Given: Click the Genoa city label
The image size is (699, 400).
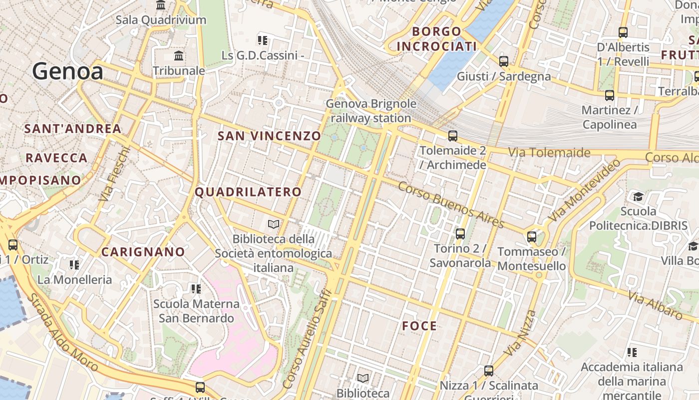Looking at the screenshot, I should (68, 71).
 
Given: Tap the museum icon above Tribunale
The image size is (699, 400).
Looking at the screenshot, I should (179, 55).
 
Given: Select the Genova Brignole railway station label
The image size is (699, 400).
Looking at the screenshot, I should (370, 111).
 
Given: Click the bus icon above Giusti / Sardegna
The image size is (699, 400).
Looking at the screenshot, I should (504, 61).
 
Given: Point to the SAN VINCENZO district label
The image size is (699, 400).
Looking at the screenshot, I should (269, 135).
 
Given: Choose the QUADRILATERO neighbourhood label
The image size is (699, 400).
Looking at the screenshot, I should (248, 192).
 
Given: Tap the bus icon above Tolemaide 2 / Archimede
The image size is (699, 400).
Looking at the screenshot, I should (453, 135).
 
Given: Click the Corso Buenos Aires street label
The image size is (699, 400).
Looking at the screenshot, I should (451, 204).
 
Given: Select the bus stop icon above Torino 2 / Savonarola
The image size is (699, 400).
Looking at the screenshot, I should (460, 233).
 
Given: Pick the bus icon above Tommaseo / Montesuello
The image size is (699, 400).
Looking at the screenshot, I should (532, 236).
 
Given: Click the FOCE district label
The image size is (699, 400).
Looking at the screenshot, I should (419, 326).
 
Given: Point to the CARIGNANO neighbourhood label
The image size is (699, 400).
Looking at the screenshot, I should (143, 251).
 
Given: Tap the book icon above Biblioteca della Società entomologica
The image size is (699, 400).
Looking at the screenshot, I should (273, 224).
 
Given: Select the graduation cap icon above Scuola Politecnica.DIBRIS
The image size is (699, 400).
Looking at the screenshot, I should (638, 196).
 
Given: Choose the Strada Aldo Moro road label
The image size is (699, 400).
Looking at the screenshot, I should (62, 332).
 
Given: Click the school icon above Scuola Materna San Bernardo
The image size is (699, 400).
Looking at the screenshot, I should (196, 288).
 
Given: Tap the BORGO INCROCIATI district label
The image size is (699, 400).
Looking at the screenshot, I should (436, 39).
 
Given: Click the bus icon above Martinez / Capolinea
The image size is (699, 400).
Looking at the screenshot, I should (609, 95).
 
